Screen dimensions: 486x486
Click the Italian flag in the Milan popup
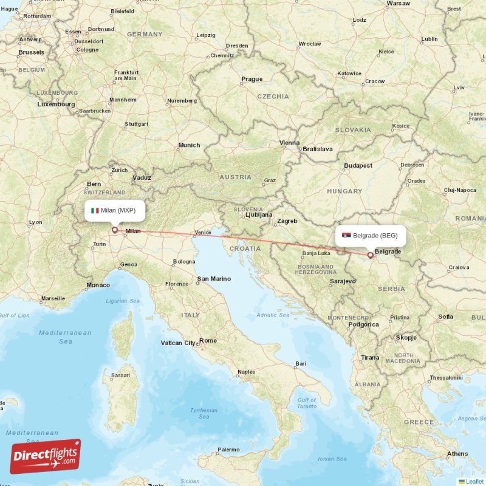[x=95, y=210]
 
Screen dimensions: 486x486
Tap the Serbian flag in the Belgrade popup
[x=347, y=235]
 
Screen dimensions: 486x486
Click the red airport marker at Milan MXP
[x=114, y=230]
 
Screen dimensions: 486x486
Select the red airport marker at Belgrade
[x=370, y=256]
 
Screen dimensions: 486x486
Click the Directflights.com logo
[x=45, y=456]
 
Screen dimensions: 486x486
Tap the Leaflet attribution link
[x=474, y=481]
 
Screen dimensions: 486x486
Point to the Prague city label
[x=252, y=79]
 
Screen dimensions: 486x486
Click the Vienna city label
[x=289, y=143]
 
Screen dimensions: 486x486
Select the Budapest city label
[x=358, y=165]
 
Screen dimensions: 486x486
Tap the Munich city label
[x=189, y=145]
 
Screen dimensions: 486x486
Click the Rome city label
[x=208, y=340]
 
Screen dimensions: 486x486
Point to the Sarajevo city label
[x=342, y=282]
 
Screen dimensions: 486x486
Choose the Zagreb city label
[x=287, y=221]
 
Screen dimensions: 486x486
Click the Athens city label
[x=457, y=454]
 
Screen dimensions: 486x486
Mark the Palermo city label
[x=228, y=450]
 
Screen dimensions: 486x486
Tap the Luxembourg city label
[x=56, y=104]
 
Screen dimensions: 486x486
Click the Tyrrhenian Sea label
[x=204, y=413]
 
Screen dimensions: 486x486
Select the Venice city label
[x=203, y=233]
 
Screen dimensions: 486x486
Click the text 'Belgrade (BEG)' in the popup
[x=375, y=235]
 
